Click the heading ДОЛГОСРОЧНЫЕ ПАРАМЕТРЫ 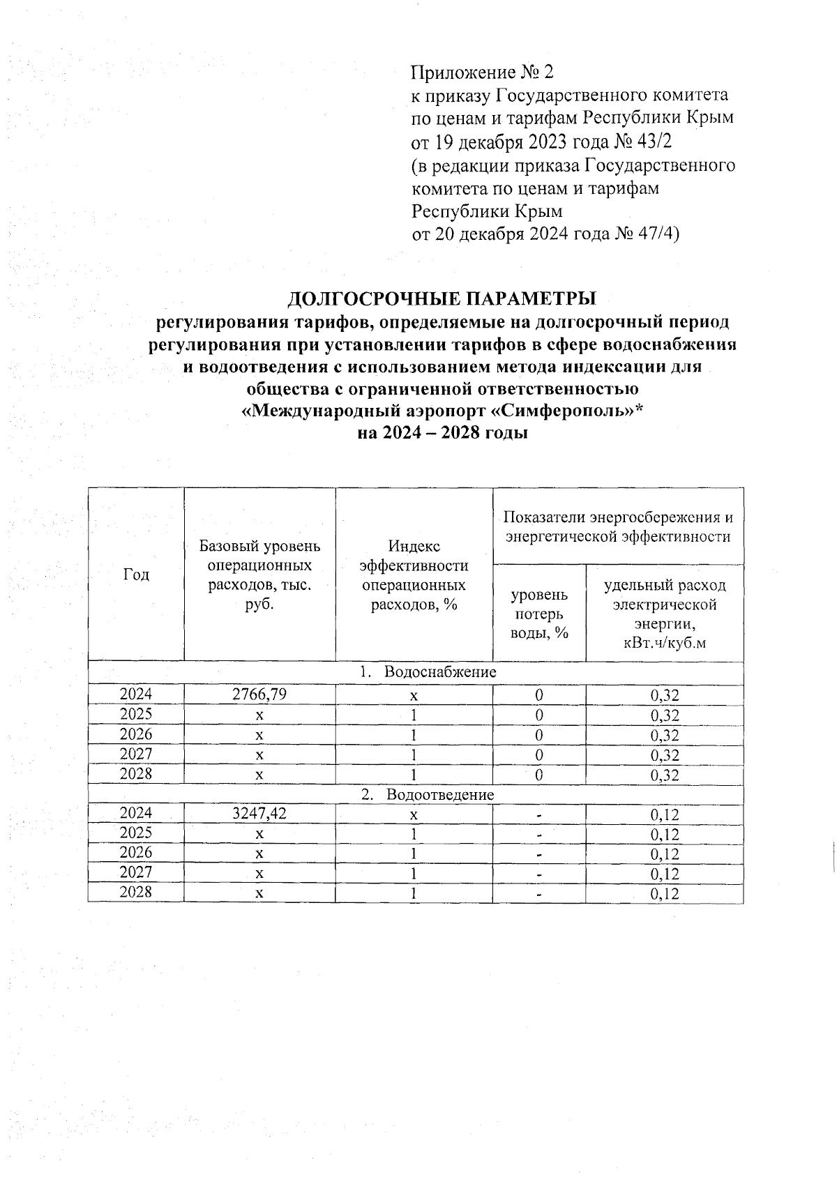442,298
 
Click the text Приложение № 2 482,73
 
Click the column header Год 136,575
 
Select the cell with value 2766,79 259,694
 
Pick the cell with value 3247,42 259,813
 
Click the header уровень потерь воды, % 539,614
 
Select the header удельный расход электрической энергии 665,614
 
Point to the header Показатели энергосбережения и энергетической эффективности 618,527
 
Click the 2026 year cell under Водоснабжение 136,734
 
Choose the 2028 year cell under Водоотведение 136,892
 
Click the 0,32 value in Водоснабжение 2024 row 665,695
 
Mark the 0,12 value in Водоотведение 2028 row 665,893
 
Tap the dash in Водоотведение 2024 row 539,814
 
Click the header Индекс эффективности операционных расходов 414,575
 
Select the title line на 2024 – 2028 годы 442,433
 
